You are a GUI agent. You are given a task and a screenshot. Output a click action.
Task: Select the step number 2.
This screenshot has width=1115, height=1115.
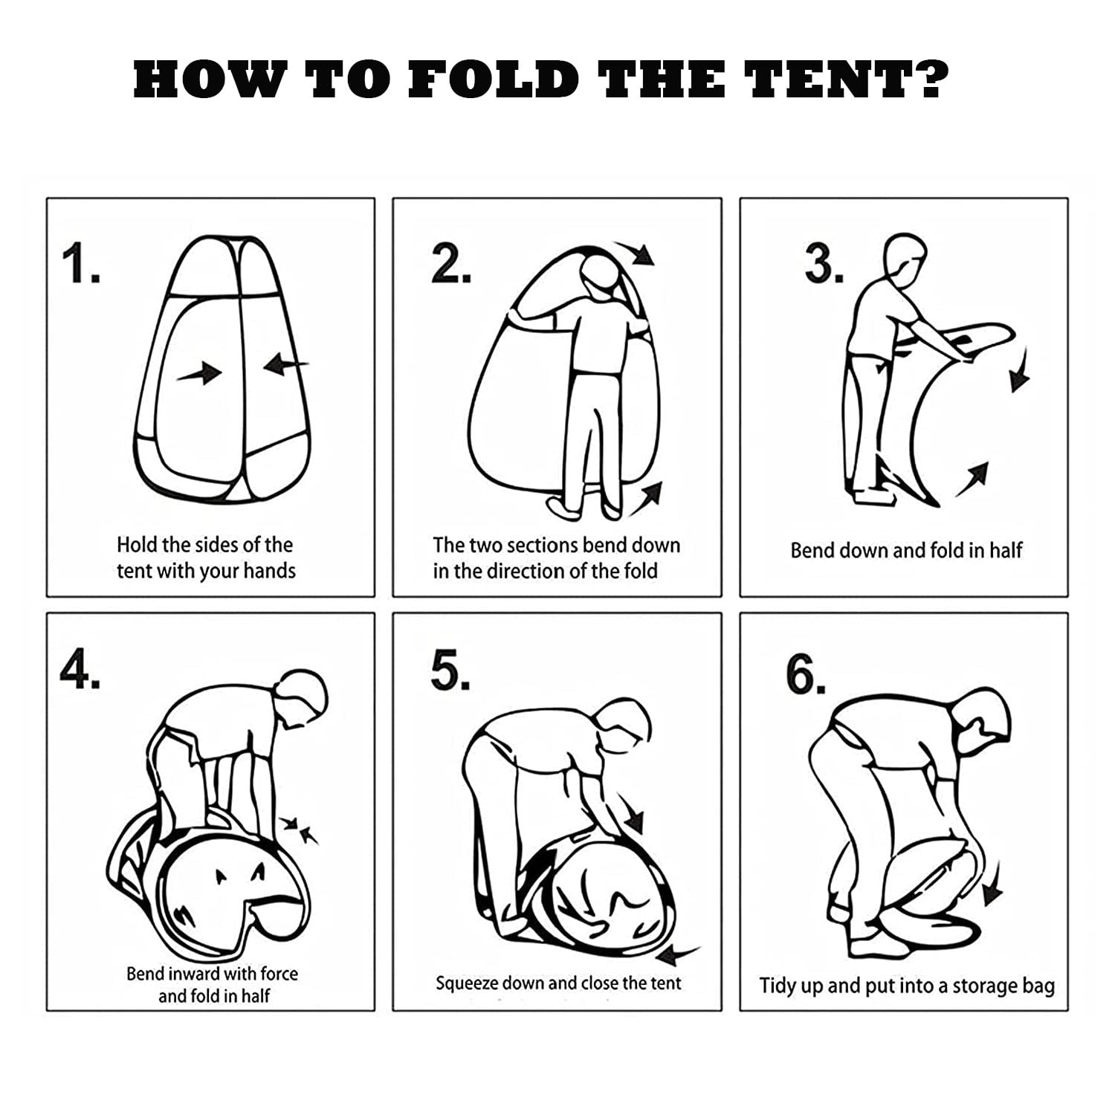click(450, 265)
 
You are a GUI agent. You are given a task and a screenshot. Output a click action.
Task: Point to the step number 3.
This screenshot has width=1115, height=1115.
click(824, 265)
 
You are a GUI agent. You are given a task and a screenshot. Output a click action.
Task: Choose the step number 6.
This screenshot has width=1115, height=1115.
click(806, 676)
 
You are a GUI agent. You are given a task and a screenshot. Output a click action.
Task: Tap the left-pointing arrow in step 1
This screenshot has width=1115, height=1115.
click(286, 364)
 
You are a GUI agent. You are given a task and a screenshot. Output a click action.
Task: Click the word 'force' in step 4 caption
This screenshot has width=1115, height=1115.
click(278, 973)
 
